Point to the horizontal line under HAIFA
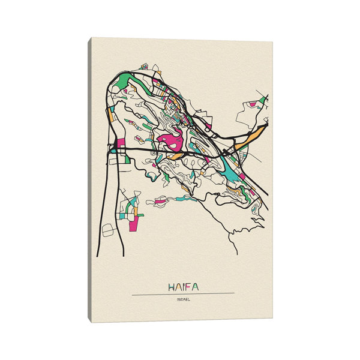click(x=183, y=293)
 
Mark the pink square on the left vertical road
click(x=120, y=144)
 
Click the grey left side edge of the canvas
click(x=90, y=180)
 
